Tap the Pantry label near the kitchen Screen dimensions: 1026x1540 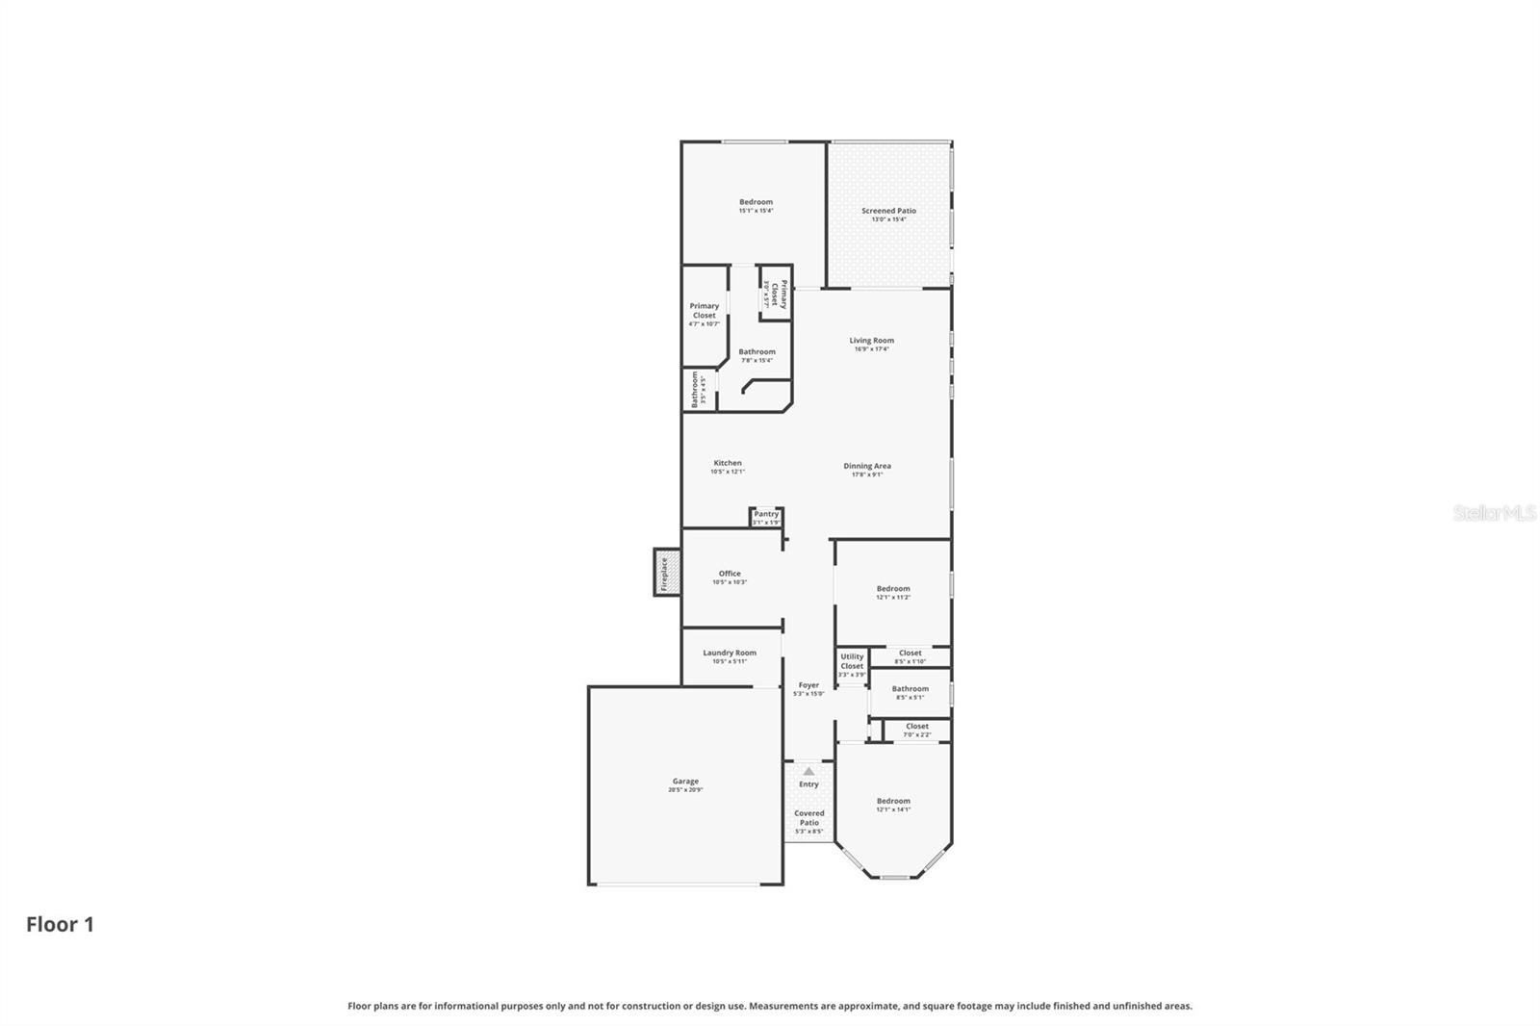pyautogui.click(x=766, y=514)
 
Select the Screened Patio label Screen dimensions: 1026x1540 pyautogui.click(x=888, y=211)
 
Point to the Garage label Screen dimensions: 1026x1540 pyautogui.click(x=685, y=782)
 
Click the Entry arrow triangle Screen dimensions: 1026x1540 pyautogui.click(x=808, y=771)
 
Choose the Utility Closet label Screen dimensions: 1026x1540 pyautogui.click(x=852, y=661)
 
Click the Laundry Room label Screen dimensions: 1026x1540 pyautogui.click(x=730, y=653)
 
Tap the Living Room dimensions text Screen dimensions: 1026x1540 pyautogui.click(x=871, y=349)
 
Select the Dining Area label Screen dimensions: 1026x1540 pyautogui.click(x=867, y=466)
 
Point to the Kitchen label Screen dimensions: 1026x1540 pyautogui.click(x=728, y=463)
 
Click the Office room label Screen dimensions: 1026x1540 pyautogui.click(x=730, y=574)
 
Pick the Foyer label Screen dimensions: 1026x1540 pyautogui.click(x=808, y=685)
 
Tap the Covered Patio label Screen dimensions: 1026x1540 pyautogui.click(x=808, y=817)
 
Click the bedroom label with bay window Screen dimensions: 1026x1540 pyautogui.click(x=893, y=801)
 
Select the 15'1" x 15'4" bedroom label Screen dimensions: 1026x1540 pyautogui.click(x=756, y=202)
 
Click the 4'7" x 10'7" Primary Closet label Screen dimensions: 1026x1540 pyautogui.click(x=705, y=310)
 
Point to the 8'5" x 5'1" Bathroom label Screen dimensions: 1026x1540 pyautogui.click(x=910, y=688)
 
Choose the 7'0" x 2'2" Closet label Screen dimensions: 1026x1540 pyautogui.click(x=917, y=726)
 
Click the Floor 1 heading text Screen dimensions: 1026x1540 pyautogui.click(x=60, y=924)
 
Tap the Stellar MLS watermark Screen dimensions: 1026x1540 pyautogui.click(x=1494, y=513)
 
